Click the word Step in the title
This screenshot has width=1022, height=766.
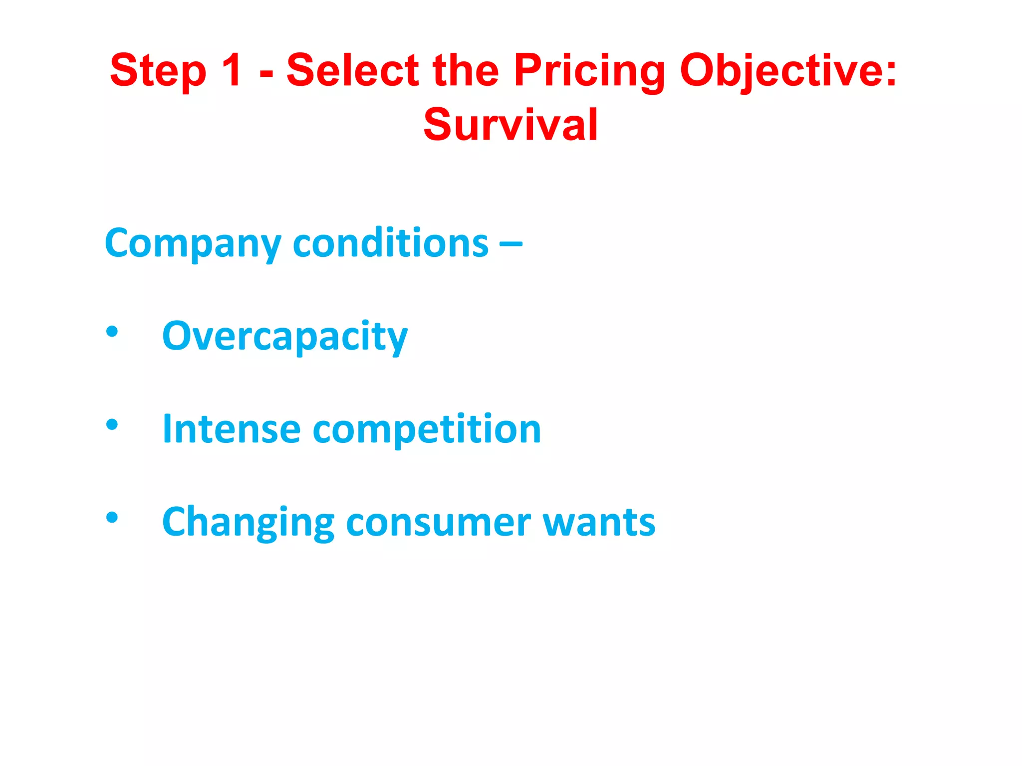tap(158, 71)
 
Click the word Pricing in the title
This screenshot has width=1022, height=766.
tap(589, 71)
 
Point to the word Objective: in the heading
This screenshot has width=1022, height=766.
tap(788, 71)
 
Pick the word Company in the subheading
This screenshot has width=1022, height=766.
tap(193, 243)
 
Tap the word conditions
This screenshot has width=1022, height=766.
tap(390, 243)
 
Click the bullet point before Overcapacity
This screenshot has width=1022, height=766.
tap(112, 332)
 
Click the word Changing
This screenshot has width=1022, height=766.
tap(248, 523)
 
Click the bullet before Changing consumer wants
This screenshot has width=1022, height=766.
tap(112, 518)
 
